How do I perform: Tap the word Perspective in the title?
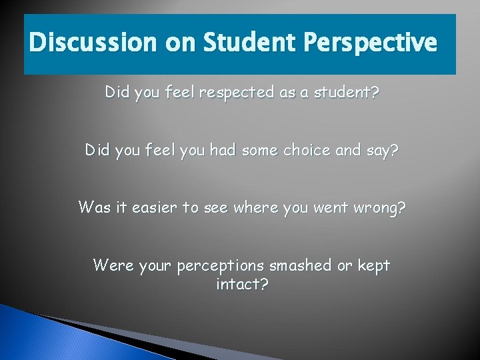click(x=370, y=43)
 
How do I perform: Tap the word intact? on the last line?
click(x=242, y=285)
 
